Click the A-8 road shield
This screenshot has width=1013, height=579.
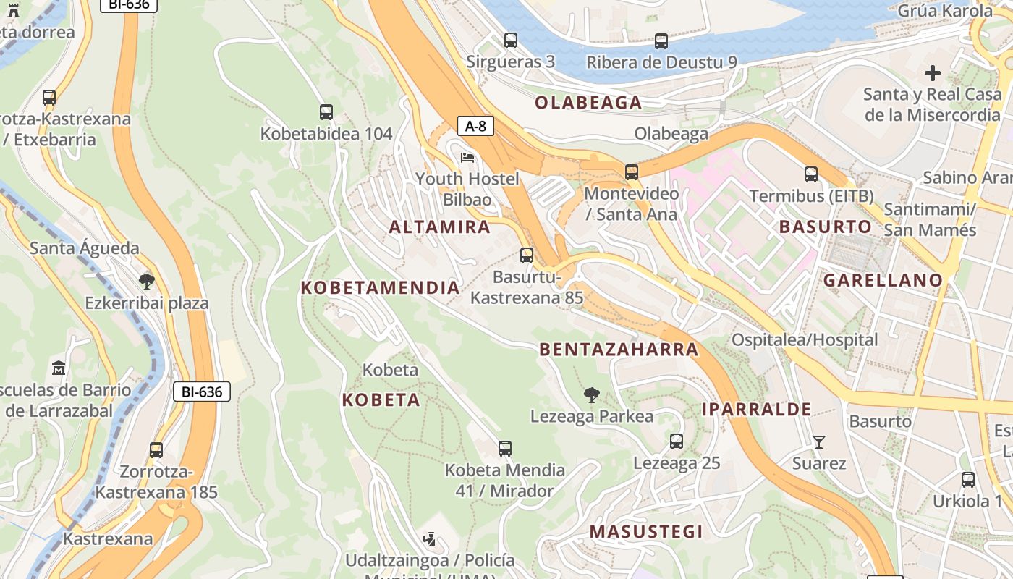tap(475, 126)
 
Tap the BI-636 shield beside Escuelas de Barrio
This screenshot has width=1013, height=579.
tap(201, 392)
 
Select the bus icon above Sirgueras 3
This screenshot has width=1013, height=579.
tap(511, 41)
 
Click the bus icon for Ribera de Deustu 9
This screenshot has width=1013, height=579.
tap(661, 41)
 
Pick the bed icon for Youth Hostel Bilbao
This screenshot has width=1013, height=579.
tap(467, 157)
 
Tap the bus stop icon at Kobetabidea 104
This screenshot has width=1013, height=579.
tap(326, 112)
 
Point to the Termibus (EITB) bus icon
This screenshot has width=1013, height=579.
tap(811, 174)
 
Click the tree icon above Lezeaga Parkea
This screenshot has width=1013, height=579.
tap(592, 395)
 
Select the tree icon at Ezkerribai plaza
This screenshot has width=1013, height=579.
tap(147, 281)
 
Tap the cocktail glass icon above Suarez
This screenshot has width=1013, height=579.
tap(818, 441)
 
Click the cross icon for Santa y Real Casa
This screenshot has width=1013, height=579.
tap(932, 73)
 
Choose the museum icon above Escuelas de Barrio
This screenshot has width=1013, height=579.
tap(59, 368)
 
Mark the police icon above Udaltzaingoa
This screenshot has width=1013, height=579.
tap(430, 538)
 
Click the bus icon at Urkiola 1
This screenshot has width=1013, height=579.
tap(967, 479)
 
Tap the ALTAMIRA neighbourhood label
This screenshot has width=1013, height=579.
tap(440, 227)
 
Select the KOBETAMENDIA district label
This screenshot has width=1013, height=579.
tap(381, 287)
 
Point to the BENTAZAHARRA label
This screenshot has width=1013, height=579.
tap(619, 350)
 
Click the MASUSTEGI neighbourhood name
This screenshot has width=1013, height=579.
tap(646, 532)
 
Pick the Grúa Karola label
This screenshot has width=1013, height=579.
tap(945, 11)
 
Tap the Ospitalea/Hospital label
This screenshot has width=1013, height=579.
tap(805, 339)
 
